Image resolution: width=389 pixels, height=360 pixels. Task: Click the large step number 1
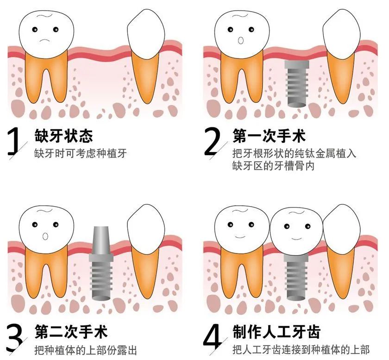(x=13, y=141)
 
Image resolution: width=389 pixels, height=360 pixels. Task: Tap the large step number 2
(x=212, y=141)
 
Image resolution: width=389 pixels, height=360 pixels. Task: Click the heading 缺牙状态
(x=64, y=136)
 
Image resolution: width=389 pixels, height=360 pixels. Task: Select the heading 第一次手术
(x=269, y=136)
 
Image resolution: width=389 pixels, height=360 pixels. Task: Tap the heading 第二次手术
(x=71, y=331)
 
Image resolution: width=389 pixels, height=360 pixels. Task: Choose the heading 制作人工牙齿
(x=276, y=331)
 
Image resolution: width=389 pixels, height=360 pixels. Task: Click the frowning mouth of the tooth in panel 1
(x=45, y=40)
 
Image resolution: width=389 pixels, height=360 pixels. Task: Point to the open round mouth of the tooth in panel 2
(x=241, y=40)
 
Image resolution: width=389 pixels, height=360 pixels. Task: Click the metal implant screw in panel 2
(x=297, y=83)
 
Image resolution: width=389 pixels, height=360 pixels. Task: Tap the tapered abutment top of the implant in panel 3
(x=101, y=241)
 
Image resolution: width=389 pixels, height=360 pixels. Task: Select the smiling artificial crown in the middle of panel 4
(x=296, y=231)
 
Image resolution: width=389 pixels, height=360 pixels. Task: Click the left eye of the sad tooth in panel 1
(x=35, y=30)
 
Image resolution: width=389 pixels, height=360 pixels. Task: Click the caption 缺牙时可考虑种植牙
(x=81, y=153)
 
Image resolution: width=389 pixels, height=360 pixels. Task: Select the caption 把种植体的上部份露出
(x=86, y=350)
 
